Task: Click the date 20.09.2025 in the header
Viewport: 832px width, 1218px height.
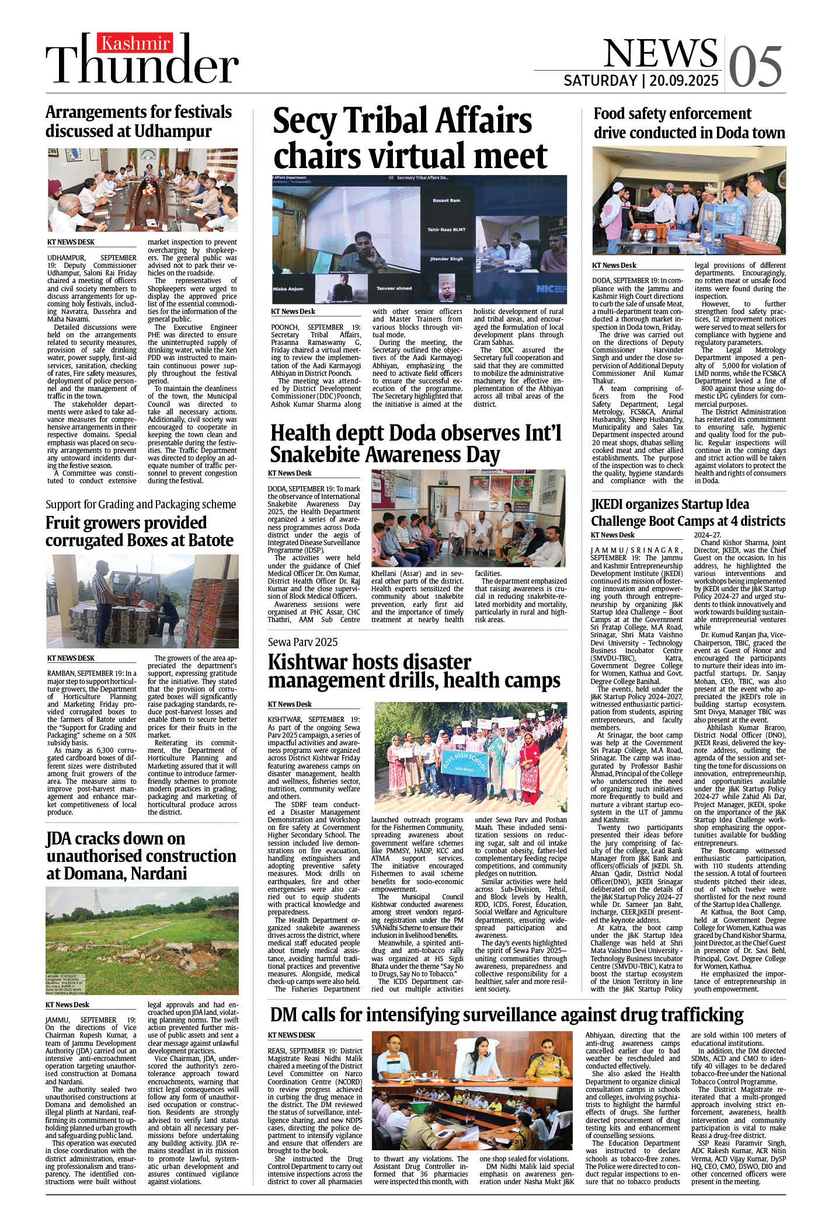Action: pyautogui.click(x=684, y=81)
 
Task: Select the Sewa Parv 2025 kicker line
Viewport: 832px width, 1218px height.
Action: pyautogui.click(x=302, y=642)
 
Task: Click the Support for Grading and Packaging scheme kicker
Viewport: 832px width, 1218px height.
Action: pyautogui.click(x=141, y=504)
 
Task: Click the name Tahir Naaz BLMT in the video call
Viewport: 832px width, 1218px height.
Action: pyautogui.click(x=446, y=230)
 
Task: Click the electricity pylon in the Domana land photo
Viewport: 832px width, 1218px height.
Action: pyautogui.click(x=96, y=902)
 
